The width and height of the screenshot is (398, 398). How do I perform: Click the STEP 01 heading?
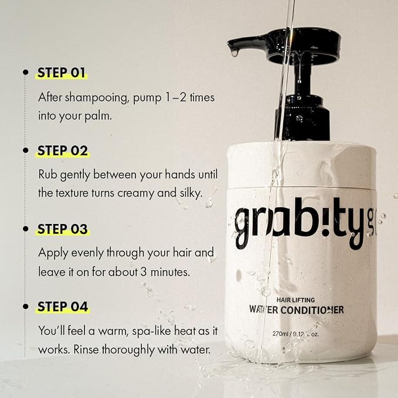coord(61,73)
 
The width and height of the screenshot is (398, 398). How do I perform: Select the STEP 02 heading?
coord(63,151)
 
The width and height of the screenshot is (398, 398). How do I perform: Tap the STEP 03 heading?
coord(63,229)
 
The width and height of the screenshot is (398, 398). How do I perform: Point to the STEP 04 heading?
coord(63,307)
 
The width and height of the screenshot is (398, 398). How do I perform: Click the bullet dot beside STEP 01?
coord(25,72)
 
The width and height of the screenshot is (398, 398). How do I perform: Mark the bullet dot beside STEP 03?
coord(25,229)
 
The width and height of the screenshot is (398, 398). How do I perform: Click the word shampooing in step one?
coord(96,98)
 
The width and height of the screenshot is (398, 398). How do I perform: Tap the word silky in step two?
coord(191,193)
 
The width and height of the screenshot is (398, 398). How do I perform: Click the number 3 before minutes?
coord(144,272)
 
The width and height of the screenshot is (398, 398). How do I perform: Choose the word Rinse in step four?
coord(86,350)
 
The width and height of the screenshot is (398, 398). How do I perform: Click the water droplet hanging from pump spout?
coord(235,53)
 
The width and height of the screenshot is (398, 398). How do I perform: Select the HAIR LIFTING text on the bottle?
coord(295,300)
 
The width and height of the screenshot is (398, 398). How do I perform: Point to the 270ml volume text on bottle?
coord(280,334)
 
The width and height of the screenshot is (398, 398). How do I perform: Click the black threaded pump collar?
coord(302,117)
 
